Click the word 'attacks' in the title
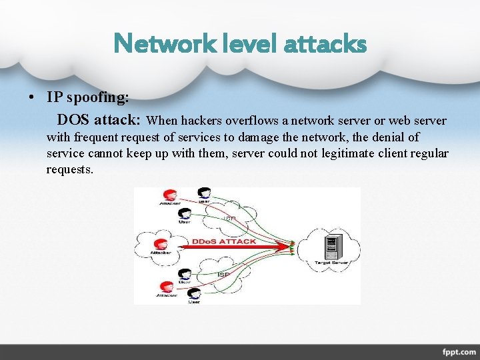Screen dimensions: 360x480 tap(325, 44)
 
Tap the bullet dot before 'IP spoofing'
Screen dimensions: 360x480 tap(31, 97)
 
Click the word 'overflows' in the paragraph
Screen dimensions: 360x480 tap(250, 121)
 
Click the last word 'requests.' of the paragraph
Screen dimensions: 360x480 tap(70, 169)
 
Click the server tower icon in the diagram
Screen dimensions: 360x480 tap(329, 247)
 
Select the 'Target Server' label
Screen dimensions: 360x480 tap(331, 263)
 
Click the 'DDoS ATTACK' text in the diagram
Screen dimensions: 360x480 tap(224, 241)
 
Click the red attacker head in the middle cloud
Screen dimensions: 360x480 tap(160, 244)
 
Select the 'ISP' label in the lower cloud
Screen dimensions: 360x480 tap(223, 274)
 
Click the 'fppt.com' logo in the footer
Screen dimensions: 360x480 tap(458, 351)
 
